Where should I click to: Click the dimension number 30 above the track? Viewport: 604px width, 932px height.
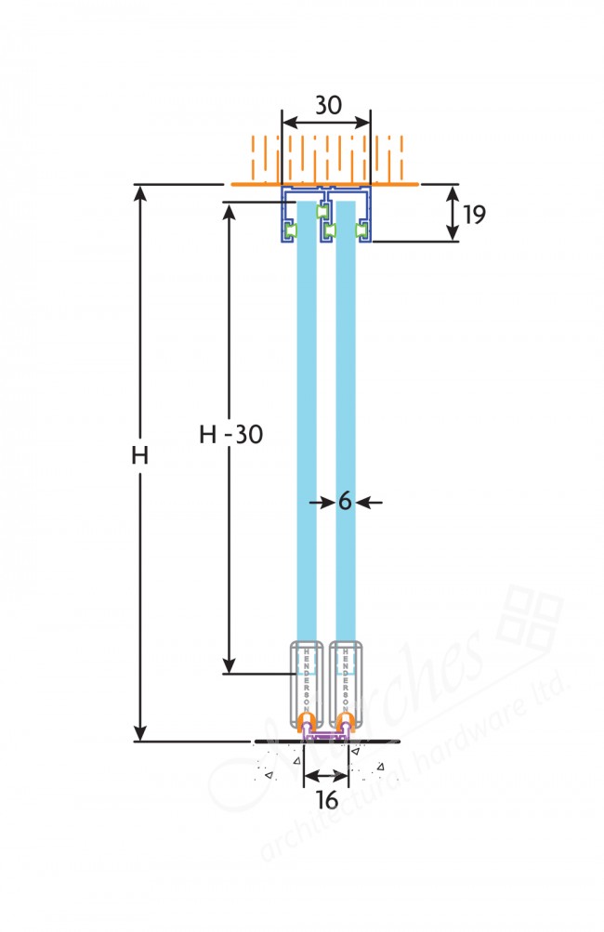click(x=326, y=105)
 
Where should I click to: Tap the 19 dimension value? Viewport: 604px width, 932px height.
click(x=474, y=215)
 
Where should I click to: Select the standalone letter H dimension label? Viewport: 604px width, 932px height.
click(x=140, y=456)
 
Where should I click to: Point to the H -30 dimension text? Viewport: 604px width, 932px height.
click(x=231, y=434)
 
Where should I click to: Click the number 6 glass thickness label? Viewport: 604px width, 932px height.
click(x=344, y=502)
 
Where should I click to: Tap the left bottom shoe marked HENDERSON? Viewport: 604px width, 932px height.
click(x=307, y=678)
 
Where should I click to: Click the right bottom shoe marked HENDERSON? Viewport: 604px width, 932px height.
click(x=345, y=678)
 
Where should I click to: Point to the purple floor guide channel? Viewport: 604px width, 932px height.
click(x=326, y=737)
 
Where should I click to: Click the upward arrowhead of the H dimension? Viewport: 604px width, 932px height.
click(x=141, y=193)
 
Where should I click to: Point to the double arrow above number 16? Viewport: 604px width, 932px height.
click(x=326, y=774)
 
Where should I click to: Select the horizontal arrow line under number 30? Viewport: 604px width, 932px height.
click(x=326, y=123)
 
